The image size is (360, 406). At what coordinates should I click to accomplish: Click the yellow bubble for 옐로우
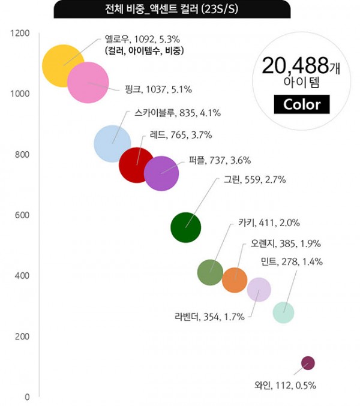point(62,65)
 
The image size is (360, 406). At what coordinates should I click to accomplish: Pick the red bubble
point(137,165)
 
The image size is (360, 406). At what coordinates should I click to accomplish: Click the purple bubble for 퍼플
point(161,173)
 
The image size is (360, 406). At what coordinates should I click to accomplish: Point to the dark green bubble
point(186,227)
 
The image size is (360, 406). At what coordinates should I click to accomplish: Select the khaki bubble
point(210,273)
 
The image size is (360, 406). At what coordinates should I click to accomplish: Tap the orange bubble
point(235,280)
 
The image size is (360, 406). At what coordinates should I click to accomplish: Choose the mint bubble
point(284,312)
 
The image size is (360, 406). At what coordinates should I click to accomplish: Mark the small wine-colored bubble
point(308,363)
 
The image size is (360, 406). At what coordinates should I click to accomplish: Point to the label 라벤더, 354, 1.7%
point(209,317)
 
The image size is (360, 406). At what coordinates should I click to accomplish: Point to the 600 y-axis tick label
point(22,215)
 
